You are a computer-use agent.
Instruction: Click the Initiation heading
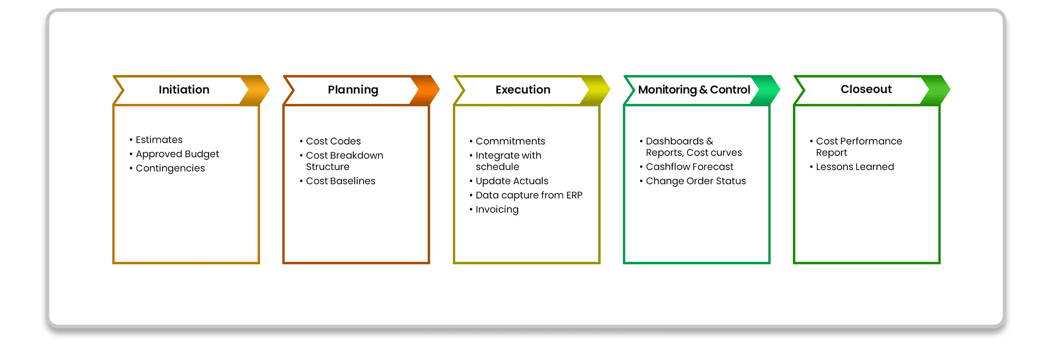click(x=184, y=89)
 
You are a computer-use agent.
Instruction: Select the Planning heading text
click(x=353, y=90)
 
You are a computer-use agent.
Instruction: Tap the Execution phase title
click(x=523, y=89)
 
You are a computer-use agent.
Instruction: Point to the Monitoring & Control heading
click(x=694, y=90)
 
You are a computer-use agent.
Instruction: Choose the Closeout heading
click(x=866, y=89)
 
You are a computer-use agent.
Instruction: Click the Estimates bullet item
click(x=159, y=139)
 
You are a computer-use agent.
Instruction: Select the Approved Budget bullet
click(x=177, y=154)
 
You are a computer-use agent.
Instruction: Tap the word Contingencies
click(x=170, y=168)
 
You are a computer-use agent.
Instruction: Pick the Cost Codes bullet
click(x=333, y=141)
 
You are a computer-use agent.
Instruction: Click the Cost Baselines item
click(x=340, y=181)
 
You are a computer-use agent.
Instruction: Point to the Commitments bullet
click(x=510, y=141)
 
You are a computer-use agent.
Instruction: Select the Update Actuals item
click(x=512, y=181)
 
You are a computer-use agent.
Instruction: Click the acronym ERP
click(x=574, y=195)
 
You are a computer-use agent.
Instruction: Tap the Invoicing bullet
click(x=497, y=209)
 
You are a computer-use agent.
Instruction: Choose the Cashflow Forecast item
click(x=689, y=166)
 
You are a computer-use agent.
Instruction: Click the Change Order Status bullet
click(x=695, y=181)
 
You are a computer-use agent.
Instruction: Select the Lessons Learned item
click(x=854, y=166)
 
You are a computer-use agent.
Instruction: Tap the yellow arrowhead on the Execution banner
click(x=596, y=90)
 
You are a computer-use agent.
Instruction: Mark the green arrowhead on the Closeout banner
click(x=936, y=90)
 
